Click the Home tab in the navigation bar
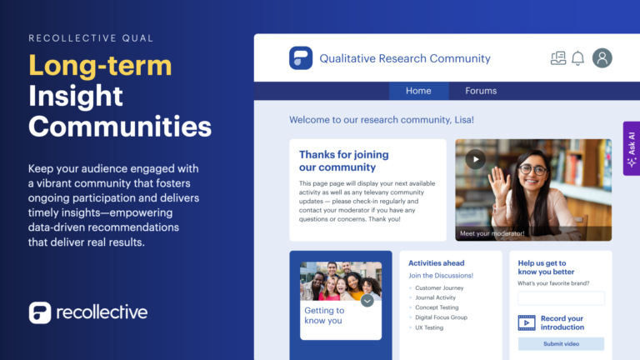(x=418, y=91)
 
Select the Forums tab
(x=481, y=91)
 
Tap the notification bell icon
(x=578, y=58)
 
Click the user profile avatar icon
(x=602, y=58)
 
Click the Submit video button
(x=561, y=344)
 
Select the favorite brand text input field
(x=561, y=298)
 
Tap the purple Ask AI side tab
(x=631, y=148)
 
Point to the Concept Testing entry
(x=436, y=307)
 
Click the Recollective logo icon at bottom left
(x=39, y=312)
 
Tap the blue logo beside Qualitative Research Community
(x=301, y=58)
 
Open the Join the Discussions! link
(x=441, y=276)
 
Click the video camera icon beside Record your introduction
(x=527, y=322)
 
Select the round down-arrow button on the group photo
(x=367, y=300)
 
